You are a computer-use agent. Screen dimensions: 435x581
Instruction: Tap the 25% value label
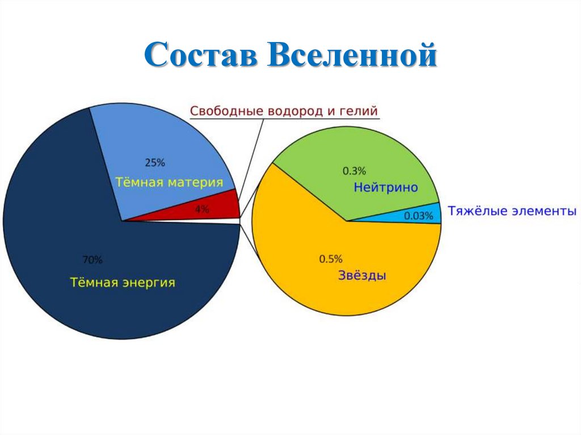pyautogui.click(x=155, y=163)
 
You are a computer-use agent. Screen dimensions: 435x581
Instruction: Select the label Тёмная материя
pyautogui.click(x=169, y=183)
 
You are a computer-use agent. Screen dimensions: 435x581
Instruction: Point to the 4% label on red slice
pyautogui.click(x=201, y=209)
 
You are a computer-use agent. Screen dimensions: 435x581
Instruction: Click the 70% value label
pyautogui.click(x=92, y=260)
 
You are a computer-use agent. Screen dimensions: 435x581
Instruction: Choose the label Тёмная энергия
pyautogui.click(x=123, y=282)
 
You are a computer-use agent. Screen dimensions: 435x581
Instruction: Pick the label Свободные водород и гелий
pyautogui.click(x=283, y=111)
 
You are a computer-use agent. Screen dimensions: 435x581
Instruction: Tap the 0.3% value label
pyautogui.click(x=354, y=170)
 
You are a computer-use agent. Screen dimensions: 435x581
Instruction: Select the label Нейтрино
pyautogui.click(x=386, y=187)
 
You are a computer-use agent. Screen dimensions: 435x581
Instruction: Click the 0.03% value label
pyautogui.click(x=419, y=216)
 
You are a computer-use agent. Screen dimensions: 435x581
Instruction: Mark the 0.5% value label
pyautogui.click(x=331, y=259)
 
